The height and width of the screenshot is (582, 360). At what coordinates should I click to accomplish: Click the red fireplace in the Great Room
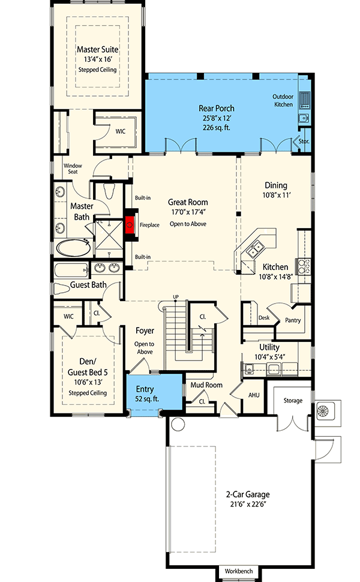click(x=130, y=224)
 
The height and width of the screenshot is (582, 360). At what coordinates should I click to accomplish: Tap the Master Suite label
click(x=98, y=49)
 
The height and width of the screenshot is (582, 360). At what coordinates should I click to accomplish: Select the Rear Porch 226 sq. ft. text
click(x=217, y=128)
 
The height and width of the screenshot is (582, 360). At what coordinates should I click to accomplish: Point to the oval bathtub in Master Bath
click(x=73, y=248)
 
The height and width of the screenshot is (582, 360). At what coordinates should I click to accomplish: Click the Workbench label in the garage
click(x=239, y=571)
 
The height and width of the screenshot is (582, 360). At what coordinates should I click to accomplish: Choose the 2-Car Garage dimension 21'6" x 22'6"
click(x=248, y=504)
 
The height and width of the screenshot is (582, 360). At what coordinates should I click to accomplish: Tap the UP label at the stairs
click(x=176, y=297)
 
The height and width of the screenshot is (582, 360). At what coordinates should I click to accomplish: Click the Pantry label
click(x=293, y=320)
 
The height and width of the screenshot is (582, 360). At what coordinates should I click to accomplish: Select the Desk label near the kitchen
click(x=264, y=318)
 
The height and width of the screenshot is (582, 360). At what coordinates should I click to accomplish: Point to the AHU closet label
click(x=254, y=395)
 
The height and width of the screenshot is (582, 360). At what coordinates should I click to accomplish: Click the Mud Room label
click(x=206, y=385)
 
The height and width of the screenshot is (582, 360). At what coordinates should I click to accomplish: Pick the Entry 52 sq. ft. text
click(x=145, y=394)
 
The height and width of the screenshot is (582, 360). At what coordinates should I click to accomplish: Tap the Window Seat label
click(x=73, y=169)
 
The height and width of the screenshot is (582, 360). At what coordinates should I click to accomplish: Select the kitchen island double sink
click(x=255, y=249)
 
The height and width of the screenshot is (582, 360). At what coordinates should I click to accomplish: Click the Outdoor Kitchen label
click(x=283, y=101)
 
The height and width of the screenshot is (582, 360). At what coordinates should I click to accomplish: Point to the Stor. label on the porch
click(x=304, y=142)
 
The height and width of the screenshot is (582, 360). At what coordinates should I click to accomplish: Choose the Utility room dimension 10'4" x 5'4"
click(x=269, y=357)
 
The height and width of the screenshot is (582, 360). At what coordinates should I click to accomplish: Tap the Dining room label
click(x=276, y=185)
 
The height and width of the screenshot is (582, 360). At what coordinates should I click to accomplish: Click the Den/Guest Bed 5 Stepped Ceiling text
click(x=88, y=393)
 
